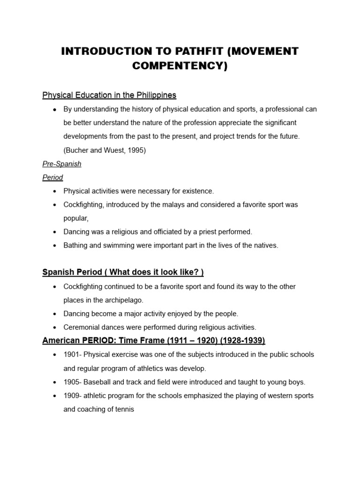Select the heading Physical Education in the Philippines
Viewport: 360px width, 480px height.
click(x=109, y=95)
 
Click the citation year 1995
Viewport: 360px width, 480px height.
click(x=136, y=150)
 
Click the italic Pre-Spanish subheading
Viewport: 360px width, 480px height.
click(x=62, y=164)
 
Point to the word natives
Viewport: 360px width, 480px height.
click(x=265, y=245)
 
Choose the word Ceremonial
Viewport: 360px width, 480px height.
click(x=81, y=327)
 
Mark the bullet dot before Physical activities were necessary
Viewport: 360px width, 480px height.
click(x=55, y=191)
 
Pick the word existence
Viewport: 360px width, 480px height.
click(x=197, y=191)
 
